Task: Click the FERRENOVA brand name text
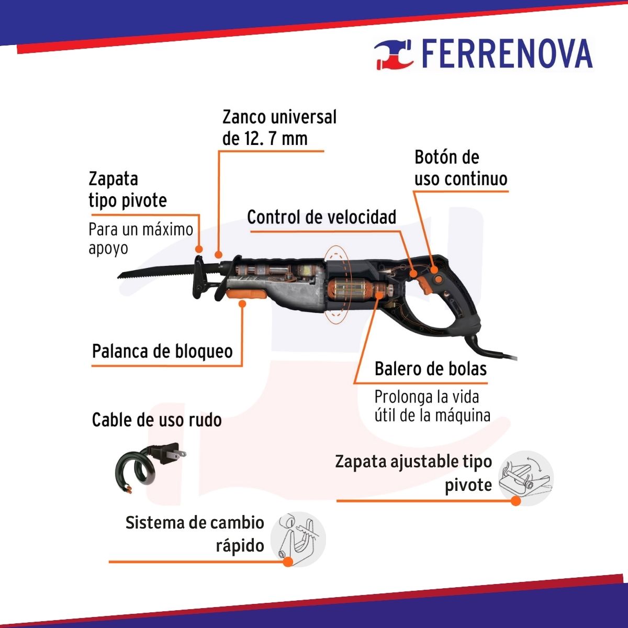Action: pyautogui.click(x=507, y=53)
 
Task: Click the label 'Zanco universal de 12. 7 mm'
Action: pyautogui.click(x=279, y=128)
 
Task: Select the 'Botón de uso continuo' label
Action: pyautogui.click(x=461, y=168)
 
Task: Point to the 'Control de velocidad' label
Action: pyautogui.click(x=322, y=217)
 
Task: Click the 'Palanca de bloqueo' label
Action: pyautogui.click(x=162, y=352)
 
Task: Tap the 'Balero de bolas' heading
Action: pyautogui.click(x=431, y=369)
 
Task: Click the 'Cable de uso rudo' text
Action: pyautogui.click(x=157, y=420)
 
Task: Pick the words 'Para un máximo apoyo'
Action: pyautogui.click(x=141, y=239)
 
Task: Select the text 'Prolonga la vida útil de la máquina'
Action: pyautogui.click(x=432, y=406)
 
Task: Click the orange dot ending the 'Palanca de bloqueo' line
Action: pyautogui.click(x=242, y=304)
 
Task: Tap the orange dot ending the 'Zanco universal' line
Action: pyautogui.click(x=218, y=255)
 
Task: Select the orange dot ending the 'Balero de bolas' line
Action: pyautogui.click(x=379, y=295)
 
